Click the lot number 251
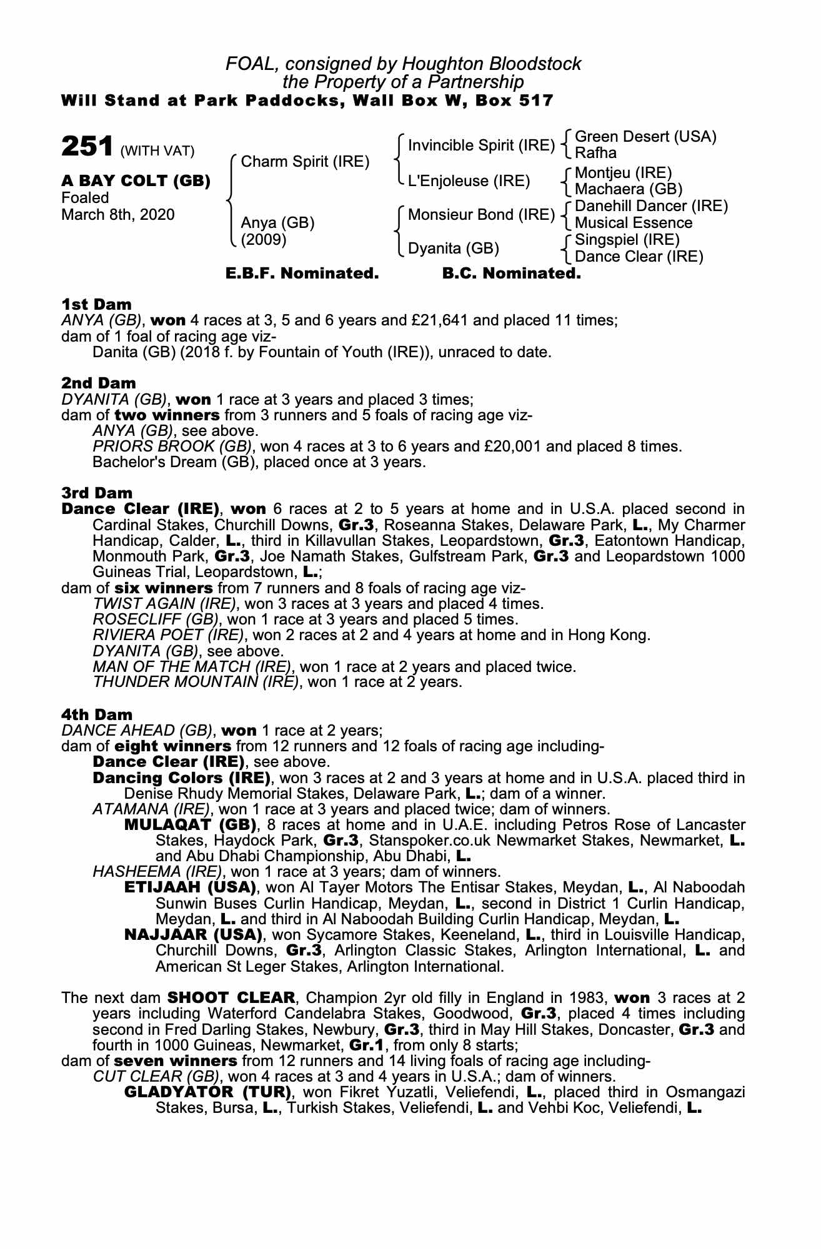(x=87, y=147)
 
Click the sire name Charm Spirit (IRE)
(x=305, y=162)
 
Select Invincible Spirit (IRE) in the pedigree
(x=481, y=146)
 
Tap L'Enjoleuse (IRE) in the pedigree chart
(x=469, y=181)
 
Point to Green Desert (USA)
(x=645, y=137)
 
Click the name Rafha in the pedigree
(x=595, y=153)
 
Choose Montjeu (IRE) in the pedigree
(x=623, y=172)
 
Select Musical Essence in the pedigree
(x=634, y=223)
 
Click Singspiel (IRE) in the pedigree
(x=627, y=240)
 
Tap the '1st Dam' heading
(x=96, y=304)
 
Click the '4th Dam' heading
(x=97, y=714)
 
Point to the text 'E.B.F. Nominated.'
(x=302, y=274)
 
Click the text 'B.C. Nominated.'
(x=511, y=274)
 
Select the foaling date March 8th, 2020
(x=118, y=215)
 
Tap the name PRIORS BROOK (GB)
(x=172, y=447)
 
